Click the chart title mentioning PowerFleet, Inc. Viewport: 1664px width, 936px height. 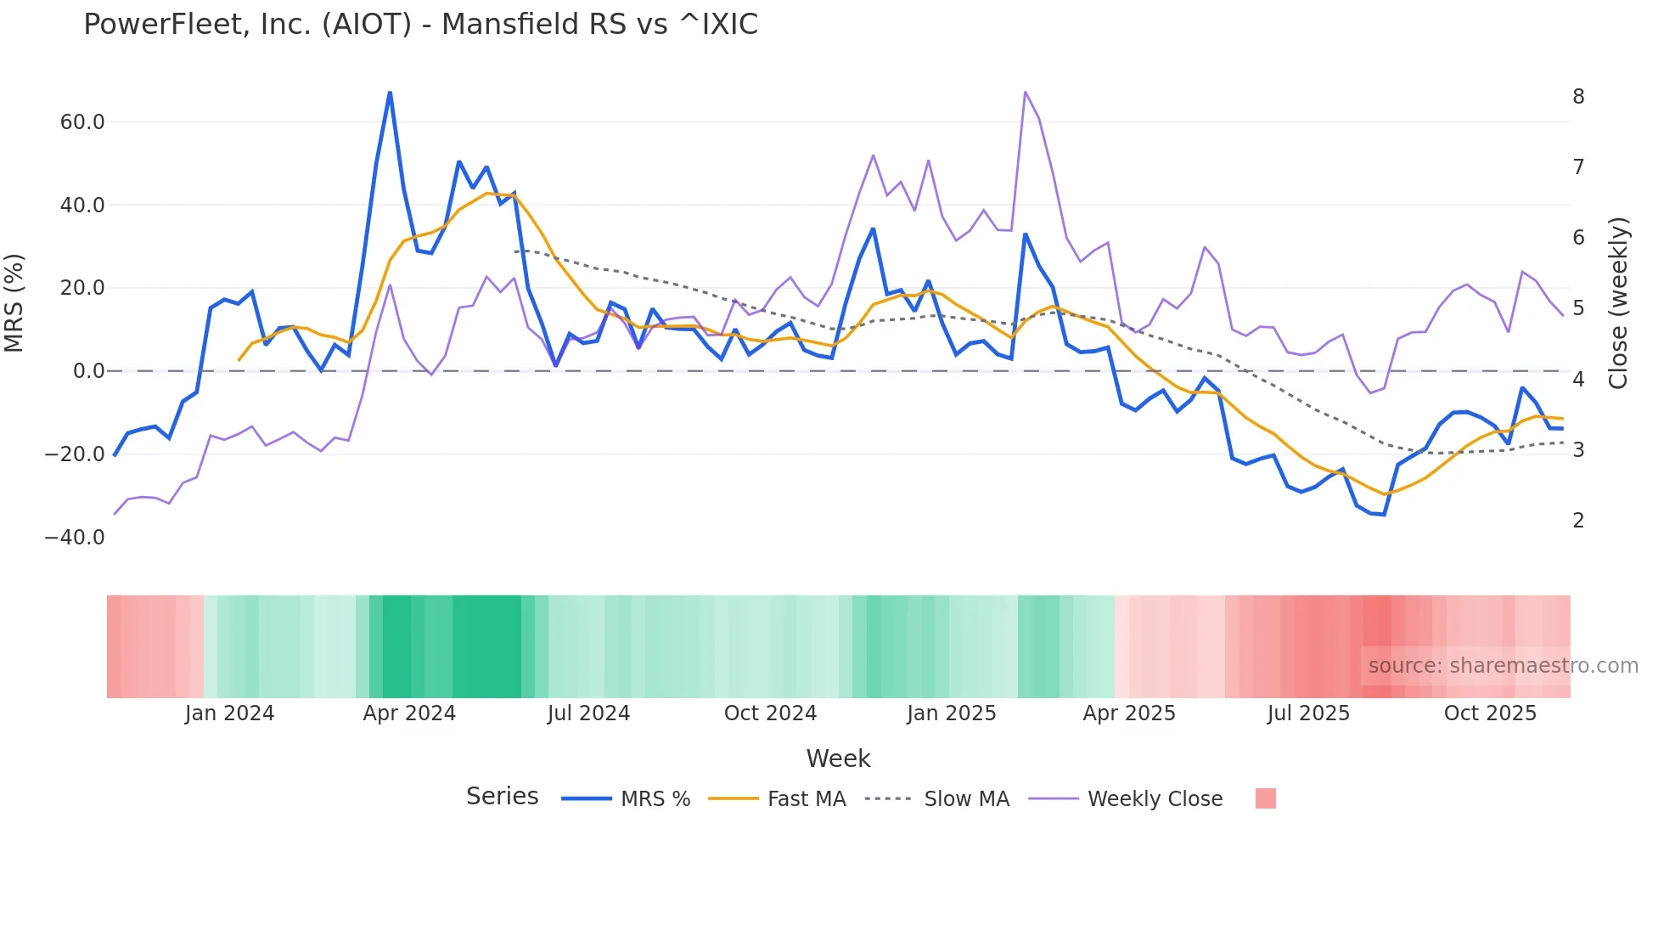(x=420, y=25)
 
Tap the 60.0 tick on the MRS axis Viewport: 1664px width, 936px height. (x=82, y=122)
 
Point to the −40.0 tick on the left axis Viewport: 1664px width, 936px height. (x=75, y=538)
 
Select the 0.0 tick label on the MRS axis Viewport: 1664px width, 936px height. (x=88, y=371)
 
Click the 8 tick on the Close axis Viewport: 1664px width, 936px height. (x=1578, y=97)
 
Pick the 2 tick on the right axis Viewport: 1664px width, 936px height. (x=1578, y=521)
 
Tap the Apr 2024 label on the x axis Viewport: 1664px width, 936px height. (x=409, y=713)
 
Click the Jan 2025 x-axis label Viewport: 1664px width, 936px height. (x=951, y=713)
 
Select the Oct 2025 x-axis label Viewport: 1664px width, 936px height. (x=1490, y=713)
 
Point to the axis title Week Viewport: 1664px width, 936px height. (x=838, y=758)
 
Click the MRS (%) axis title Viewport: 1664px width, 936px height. (x=14, y=303)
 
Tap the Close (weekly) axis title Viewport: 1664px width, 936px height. (x=1619, y=303)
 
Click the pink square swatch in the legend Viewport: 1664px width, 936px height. (x=1265, y=798)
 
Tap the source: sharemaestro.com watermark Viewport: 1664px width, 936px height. (x=1503, y=666)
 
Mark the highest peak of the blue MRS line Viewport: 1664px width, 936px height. (x=390, y=92)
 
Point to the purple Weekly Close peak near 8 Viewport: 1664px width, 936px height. (x=1026, y=92)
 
